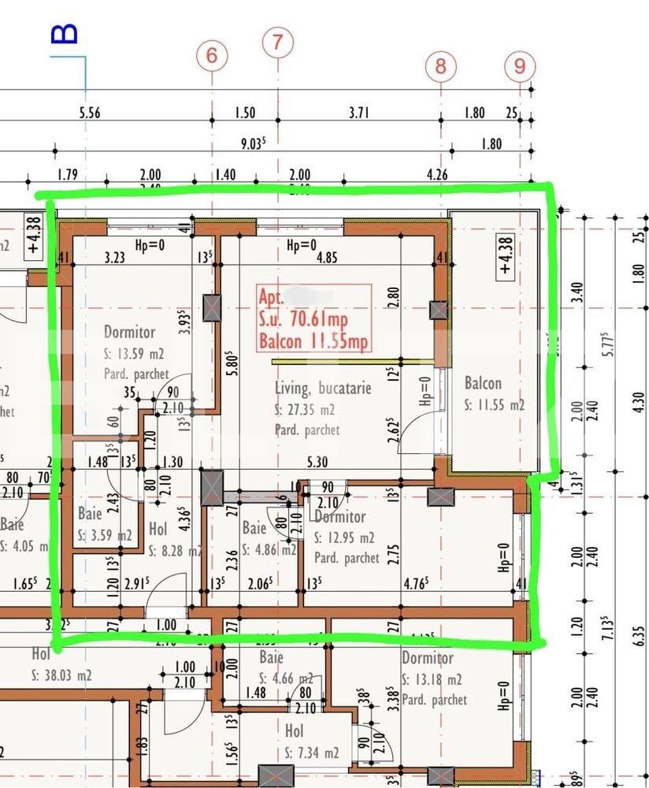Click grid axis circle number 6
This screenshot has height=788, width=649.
211,55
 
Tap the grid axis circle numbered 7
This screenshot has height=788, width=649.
277,42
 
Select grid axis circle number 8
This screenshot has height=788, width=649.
440,65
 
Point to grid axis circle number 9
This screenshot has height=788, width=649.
519,65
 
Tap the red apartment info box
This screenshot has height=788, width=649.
314,318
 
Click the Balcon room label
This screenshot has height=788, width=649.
483,384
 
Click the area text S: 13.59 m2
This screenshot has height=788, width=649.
135,353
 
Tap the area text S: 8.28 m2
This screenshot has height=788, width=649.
178,550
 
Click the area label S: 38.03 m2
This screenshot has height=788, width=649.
62,675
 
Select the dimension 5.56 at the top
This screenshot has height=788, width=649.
91,113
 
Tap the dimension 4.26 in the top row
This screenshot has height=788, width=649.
436,175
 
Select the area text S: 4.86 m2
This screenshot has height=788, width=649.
269,550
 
